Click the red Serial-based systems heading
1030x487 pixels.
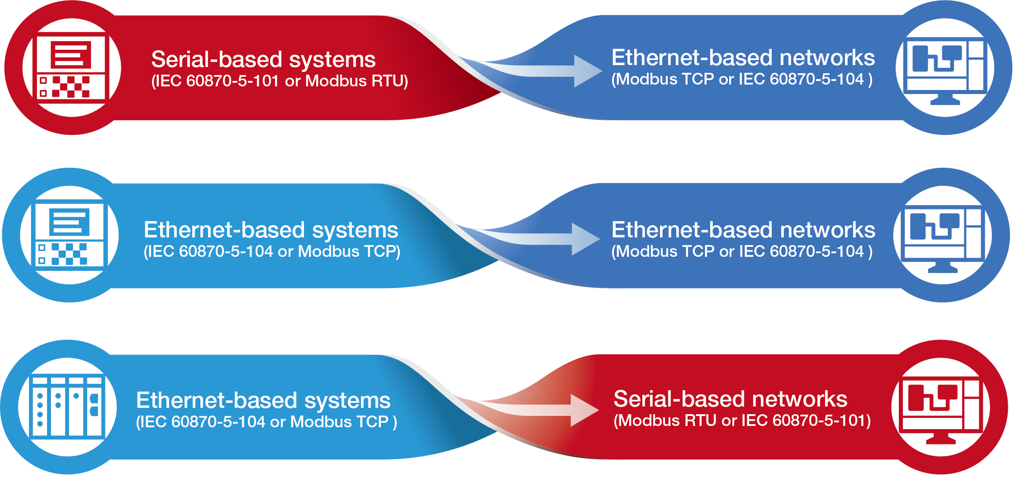pos(263,59)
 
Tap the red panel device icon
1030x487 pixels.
pos(71,68)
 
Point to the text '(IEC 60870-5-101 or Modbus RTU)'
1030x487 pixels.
pos(279,81)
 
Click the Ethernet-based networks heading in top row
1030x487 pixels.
pos(743,58)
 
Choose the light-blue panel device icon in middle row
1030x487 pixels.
pos(69,235)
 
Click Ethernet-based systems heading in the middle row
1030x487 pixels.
pos(271,230)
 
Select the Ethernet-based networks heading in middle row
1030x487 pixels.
pos(743,230)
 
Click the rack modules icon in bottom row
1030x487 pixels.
pos(67,407)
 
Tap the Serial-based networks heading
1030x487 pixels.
pos(730,399)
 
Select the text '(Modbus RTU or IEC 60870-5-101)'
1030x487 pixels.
pos(742,421)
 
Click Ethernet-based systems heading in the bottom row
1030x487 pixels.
pos(263,401)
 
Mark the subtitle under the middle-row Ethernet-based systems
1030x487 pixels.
pos(271,252)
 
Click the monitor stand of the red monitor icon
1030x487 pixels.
pos(940,438)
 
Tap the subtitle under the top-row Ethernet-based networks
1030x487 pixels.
pos(742,80)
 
